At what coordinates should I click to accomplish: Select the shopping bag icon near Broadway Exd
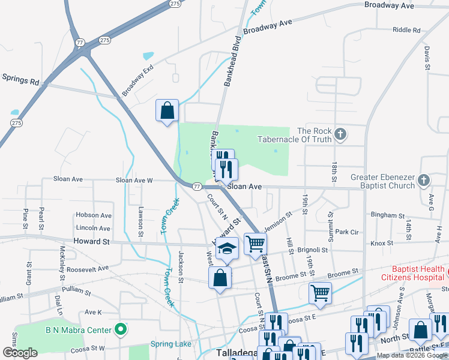[167, 110]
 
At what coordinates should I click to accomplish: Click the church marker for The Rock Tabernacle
[340, 134]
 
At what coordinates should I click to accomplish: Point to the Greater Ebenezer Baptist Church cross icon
[424, 180]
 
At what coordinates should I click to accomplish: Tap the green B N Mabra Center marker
[121, 329]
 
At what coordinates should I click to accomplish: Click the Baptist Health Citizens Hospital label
[412, 273]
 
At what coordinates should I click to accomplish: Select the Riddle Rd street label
[406, 30]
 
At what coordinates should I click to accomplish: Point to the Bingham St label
[388, 215]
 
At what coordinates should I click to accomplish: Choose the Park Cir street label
[347, 232]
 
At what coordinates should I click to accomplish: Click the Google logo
[20, 353]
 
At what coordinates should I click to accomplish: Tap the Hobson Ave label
[93, 215]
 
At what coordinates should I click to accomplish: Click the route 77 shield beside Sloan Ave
[197, 187]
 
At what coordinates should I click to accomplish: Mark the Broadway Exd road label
[137, 81]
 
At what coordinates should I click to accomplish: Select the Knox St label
[381, 243]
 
